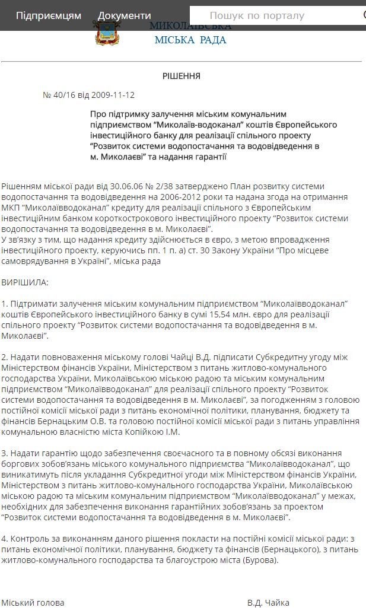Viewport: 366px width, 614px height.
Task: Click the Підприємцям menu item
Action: [49, 15]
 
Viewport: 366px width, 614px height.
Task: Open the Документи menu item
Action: [125, 15]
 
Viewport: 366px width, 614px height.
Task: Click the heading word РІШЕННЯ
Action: [182, 76]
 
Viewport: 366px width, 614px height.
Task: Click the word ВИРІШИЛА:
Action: [25, 282]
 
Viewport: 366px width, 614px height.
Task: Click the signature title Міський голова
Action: [33, 603]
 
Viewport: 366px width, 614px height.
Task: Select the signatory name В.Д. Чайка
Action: [268, 603]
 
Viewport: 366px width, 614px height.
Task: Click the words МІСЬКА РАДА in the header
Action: [190, 40]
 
